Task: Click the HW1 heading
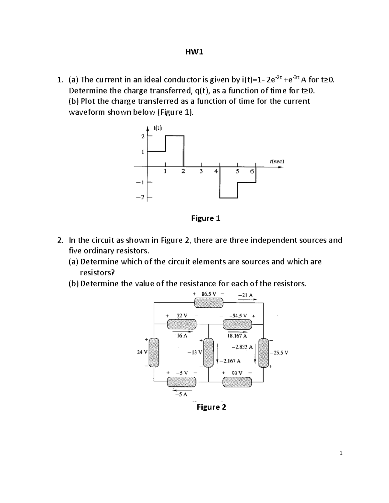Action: pyautogui.click(x=194, y=52)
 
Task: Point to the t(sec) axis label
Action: pyautogui.click(x=277, y=161)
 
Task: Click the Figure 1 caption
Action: pyautogui.click(x=206, y=218)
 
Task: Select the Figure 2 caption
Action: pyautogui.click(x=211, y=407)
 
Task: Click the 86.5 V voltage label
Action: pyautogui.click(x=208, y=294)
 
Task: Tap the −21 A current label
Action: pyautogui.click(x=245, y=295)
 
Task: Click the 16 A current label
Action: pyautogui.click(x=182, y=336)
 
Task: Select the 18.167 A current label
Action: pyautogui.click(x=237, y=336)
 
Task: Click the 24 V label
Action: pyautogui.click(x=142, y=352)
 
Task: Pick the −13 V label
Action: pyautogui.click(x=195, y=352)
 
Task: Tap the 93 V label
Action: pyautogui.click(x=237, y=373)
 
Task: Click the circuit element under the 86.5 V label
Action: pyautogui.click(x=208, y=303)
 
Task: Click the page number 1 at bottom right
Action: pyautogui.click(x=341, y=453)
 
